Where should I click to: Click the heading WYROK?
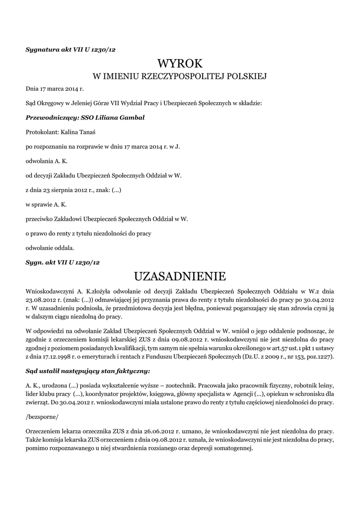click(x=180, y=63)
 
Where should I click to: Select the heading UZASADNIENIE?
click(x=180, y=275)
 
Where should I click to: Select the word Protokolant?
click(x=42, y=132)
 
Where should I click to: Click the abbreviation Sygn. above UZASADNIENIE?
click(x=35, y=261)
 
